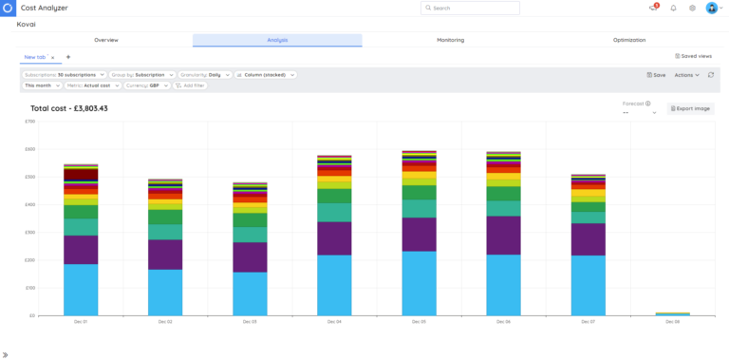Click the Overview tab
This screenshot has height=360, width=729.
click(106, 40)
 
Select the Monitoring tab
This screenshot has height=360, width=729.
click(450, 40)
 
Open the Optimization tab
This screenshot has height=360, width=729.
click(628, 40)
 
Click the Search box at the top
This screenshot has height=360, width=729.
click(470, 8)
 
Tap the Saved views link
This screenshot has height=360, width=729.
click(693, 56)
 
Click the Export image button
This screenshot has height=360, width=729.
click(690, 108)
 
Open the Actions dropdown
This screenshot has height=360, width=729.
click(686, 74)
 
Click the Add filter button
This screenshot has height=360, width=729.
click(190, 85)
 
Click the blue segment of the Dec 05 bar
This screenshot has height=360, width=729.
click(419, 283)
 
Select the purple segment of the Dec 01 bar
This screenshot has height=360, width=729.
click(81, 249)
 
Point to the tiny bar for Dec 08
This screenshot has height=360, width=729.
click(672, 313)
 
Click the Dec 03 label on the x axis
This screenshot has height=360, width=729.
click(250, 322)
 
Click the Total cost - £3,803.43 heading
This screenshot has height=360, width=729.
click(68, 108)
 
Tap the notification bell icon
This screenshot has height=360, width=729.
click(673, 8)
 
